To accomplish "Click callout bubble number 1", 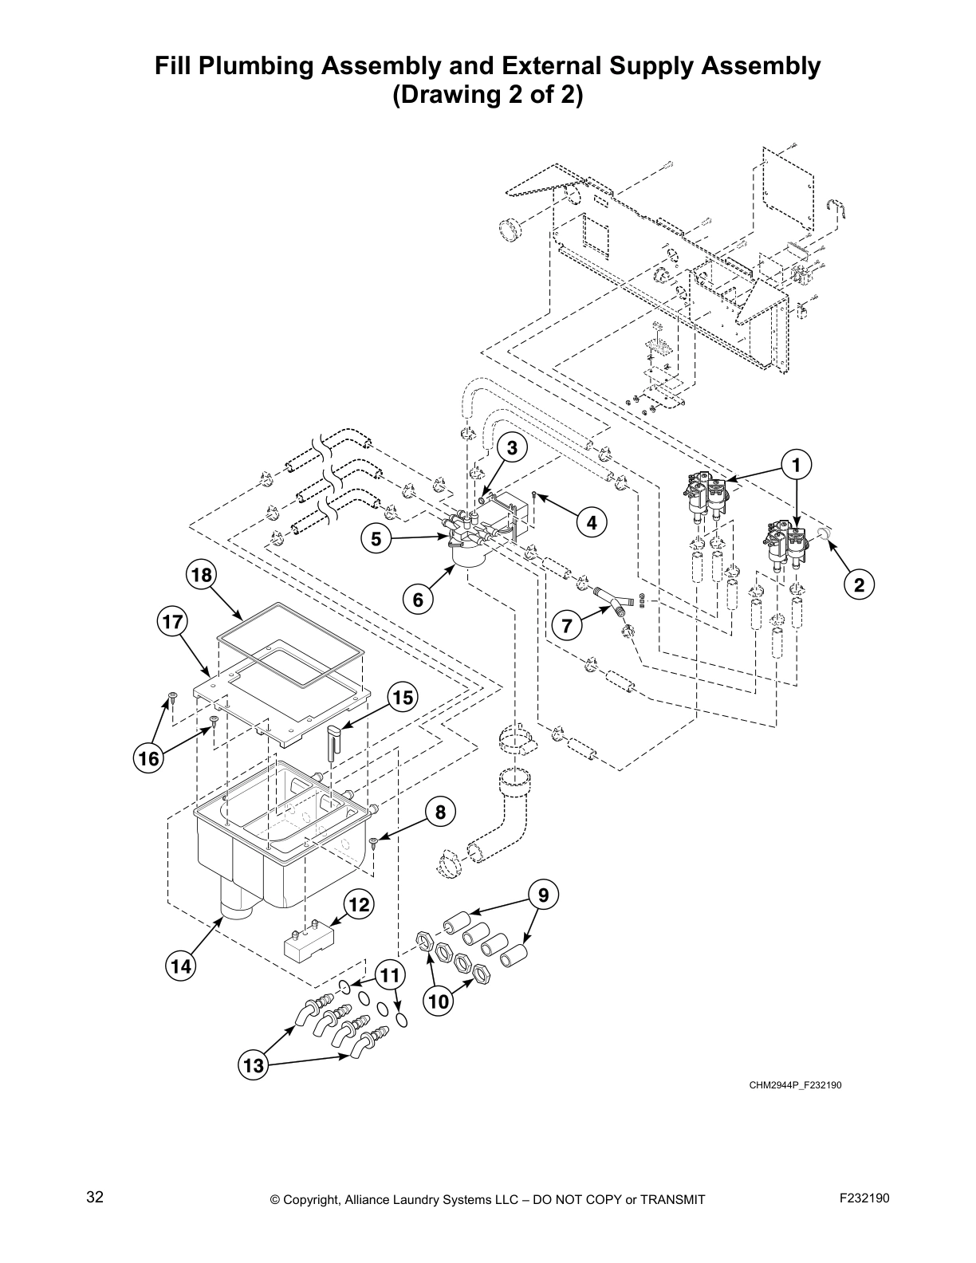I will click(x=796, y=463).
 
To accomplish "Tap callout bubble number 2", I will click(x=859, y=585).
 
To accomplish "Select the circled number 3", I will click(x=513, y=448).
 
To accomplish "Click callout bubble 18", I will click(x=202, y=574).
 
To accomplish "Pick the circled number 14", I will click(x=181, y=966).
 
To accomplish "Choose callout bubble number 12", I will click(x=360, y=904).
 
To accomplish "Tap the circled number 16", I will click(x=149, y=758).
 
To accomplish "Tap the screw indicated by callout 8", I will click(x=373, y=842).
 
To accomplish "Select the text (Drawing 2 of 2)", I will click(x=487, y=96).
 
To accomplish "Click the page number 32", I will click(x=95, y=1198).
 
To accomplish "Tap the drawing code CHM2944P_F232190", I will click(x=794, y=1085).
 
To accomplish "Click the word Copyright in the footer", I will click(x=314, y=1199).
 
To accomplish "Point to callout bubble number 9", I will click(x=543, y=895).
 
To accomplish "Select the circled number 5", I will click(x=376, y=539).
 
